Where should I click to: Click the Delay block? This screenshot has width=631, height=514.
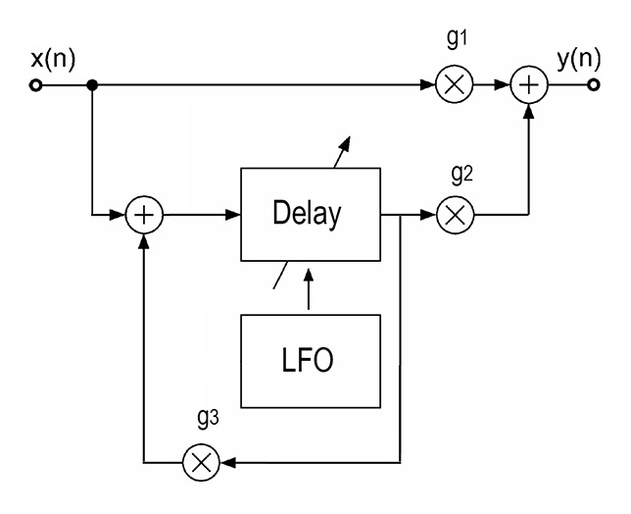click(311, 213)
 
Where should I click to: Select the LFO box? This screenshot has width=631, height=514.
click(311, 361)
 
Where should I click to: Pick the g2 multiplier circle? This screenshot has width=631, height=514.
click(454, 214)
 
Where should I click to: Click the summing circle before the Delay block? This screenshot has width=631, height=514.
click(146, 214)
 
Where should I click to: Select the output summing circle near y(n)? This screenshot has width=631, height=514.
click(530, 86)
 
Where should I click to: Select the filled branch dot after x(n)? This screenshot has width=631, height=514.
click(91, 86)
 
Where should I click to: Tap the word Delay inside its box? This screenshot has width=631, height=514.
click(311, 213)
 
